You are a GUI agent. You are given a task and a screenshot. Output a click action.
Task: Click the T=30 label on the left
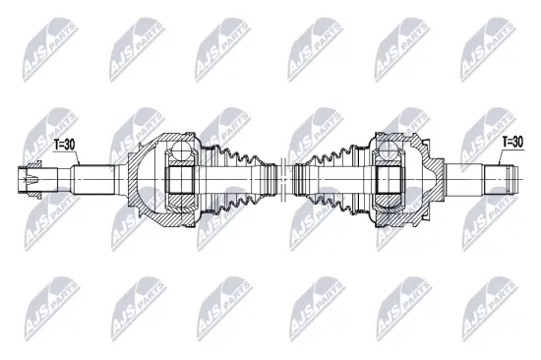pos(64,144)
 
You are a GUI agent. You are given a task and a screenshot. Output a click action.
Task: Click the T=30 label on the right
pos(512,143)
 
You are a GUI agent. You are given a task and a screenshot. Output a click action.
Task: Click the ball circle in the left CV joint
pos(180,152)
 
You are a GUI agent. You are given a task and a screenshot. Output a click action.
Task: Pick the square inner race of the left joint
pos(181,182)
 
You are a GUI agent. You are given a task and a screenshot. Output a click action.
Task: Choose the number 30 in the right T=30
pos(518,143)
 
